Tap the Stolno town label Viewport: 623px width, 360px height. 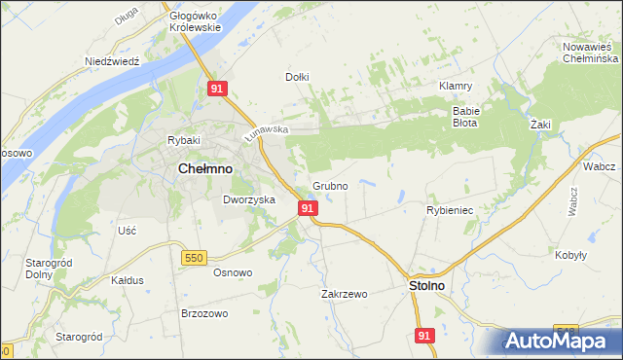click(424, 286)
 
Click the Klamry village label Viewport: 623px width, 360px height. click(456, 86)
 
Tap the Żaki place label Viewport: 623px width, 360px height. click(541, 126)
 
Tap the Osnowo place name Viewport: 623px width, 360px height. click(233, 272)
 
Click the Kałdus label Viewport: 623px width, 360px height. click(128, 279)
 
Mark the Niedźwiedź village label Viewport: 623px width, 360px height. click(113, 60)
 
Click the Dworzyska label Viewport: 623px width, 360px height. click(249, 199)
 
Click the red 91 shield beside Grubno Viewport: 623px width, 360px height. click(308, 208)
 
